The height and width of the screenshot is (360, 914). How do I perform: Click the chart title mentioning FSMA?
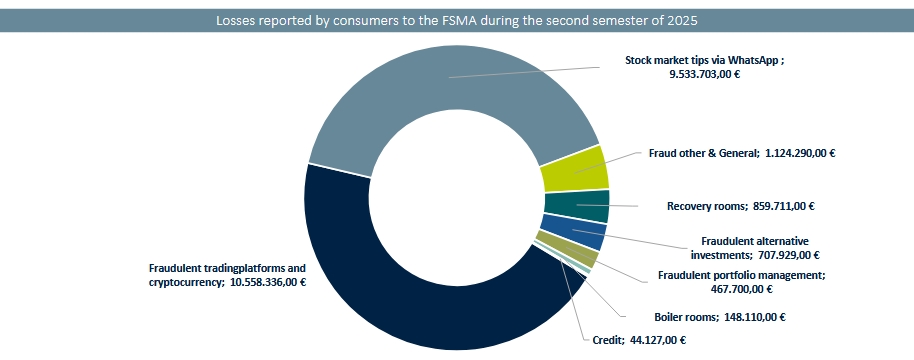click(457, 20)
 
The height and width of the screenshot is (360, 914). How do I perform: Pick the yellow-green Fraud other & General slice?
click(574, 169)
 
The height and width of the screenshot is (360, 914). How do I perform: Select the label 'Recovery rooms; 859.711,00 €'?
click(740, 207)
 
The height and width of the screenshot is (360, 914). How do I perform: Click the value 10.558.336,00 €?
click(268, 282)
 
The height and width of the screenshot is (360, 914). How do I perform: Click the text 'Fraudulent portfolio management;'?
click(741, 275)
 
